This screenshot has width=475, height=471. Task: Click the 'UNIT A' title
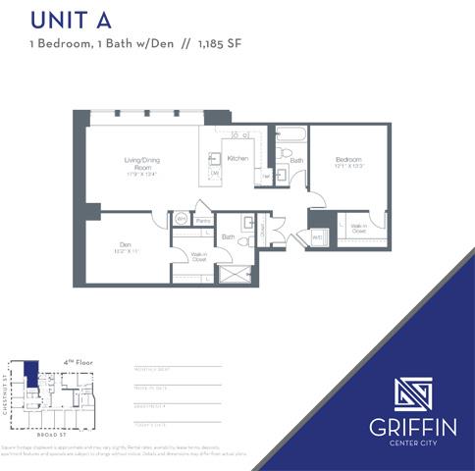tap(71, 20)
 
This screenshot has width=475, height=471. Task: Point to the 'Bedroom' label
tap(348, 160)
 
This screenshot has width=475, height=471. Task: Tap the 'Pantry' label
tap(204, 222)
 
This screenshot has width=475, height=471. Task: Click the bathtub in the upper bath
tap(291, 137)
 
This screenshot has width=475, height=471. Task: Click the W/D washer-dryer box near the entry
tap(318, 237)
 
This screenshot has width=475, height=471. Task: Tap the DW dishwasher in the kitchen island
tap(215, 174)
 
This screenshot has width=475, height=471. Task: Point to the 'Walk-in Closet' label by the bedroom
tap(359, 228)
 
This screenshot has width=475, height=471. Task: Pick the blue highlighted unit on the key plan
tap(31, 374)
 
